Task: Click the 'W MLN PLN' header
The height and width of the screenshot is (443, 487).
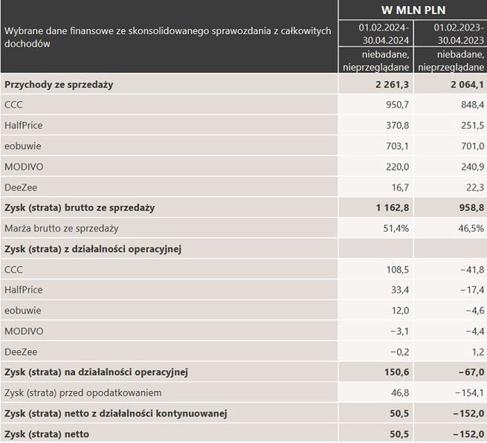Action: (412, 10)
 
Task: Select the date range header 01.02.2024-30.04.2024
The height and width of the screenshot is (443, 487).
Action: (377, 33)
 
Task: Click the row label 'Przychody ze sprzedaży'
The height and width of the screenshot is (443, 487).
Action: (59, 85)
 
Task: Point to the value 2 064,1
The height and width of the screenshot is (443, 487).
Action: (467, 85)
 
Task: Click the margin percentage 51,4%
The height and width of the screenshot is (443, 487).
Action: (395, 228)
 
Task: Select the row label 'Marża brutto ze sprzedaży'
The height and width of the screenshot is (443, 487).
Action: (62, 228)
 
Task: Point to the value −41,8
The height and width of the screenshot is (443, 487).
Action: (470, 269)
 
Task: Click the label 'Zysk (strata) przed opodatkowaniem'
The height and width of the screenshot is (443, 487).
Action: (83, 392)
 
